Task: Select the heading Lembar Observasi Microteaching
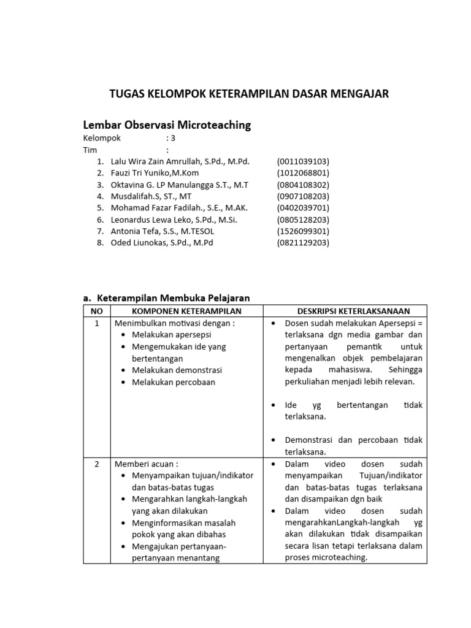pos(167,125)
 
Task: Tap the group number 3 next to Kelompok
pos(173,138)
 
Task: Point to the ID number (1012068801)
pos(303,173)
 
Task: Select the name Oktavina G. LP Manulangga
pos(163,185)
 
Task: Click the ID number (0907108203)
pos(303,196)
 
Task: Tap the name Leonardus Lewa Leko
pos(151,220)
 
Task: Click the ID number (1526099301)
pos(303,231)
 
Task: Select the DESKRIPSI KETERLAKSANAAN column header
pos(346,311)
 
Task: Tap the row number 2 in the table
pos(96,464)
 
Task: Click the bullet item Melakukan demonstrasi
pos(177,370)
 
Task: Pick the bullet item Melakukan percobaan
pos(174,382)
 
